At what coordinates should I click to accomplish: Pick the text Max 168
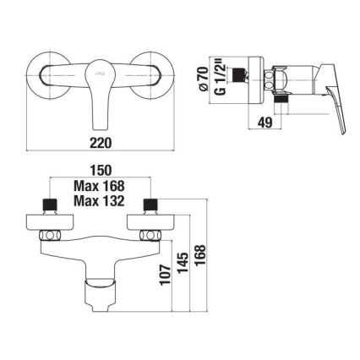click(100, 187)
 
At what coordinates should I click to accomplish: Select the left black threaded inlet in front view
click(47, 204)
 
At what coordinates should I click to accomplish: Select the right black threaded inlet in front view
click(152, 204)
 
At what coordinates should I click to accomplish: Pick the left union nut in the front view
click(55, 233)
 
